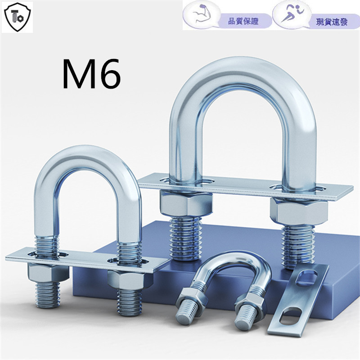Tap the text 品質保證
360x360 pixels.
click(x=243, y=21)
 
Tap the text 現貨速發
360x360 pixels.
click(x=332, y=22)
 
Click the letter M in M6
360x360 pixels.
click(x=80, y=74)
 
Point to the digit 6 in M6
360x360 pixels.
click(x=109, y=74)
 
